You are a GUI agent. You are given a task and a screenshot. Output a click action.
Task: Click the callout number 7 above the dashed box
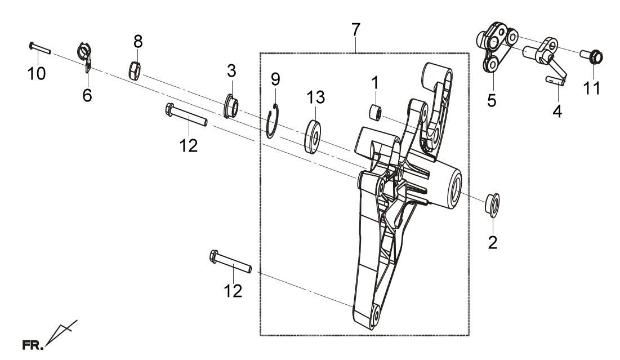click(x=355, y=30)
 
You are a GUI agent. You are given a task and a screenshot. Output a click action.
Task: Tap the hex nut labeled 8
click(x=135, y=70)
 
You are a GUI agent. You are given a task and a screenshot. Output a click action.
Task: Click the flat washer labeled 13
click(x=313, y=136)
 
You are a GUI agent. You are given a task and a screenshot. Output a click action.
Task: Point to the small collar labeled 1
click(x=376, y=112)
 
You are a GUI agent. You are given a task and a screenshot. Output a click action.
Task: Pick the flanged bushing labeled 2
click(x=492, y=205)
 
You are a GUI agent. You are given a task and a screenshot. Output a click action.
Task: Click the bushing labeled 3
click(x=231, y=106)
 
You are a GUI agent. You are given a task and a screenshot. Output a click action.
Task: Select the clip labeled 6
click(x=84, y=56)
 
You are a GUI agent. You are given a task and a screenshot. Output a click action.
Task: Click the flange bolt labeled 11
click(x=591, y=56)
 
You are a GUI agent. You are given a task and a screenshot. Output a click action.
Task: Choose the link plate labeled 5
click(x=496, y=47)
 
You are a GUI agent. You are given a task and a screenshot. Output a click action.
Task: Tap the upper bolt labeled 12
click(x=186, y=114)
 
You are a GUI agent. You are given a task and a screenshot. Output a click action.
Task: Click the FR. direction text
click(x=33, y=345)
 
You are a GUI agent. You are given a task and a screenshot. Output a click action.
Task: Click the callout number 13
click(x=315, y=97)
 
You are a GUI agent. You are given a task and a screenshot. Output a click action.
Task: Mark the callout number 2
click(x=493, y=242)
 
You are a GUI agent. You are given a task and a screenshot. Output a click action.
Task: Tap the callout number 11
click(x=592, y=88)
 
